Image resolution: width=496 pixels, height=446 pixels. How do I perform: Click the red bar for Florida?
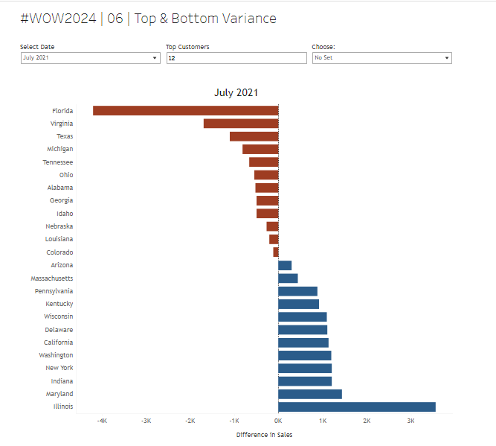185,110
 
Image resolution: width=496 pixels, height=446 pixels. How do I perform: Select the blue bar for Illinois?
356,407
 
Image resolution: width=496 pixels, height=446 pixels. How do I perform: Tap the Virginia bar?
240,124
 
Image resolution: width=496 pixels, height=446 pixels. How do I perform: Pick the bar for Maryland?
309,394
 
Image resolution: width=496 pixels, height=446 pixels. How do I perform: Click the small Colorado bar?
276,252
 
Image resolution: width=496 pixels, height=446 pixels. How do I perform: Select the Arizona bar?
285,265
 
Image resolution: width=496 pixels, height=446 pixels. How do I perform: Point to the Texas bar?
254,136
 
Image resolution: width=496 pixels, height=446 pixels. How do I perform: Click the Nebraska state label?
59,226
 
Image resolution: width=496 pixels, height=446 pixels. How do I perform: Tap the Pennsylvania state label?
54,290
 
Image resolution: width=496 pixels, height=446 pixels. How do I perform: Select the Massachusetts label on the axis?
52,278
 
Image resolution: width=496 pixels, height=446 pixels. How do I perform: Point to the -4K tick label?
102,421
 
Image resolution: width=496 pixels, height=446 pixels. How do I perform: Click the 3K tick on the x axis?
410,421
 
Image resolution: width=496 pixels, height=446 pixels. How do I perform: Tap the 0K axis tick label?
278,421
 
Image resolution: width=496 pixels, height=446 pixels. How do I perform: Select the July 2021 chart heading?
236,92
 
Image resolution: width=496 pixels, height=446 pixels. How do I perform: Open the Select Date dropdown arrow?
155,57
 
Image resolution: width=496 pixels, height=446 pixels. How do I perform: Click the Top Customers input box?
236,57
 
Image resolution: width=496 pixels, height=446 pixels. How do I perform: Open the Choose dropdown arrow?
447,57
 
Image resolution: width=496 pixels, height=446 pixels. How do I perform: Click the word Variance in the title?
248,19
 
